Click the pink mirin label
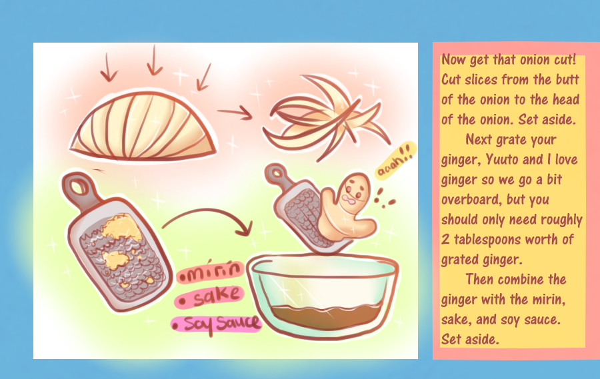tap(211, 272)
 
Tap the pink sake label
tap(209, 297)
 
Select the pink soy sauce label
tap(216, 324)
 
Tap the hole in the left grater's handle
tap(79, 187)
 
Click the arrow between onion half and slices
tap(235, 113)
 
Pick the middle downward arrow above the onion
tap(154, 61)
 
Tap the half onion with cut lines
tap(143, 126)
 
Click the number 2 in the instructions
tap(445, 239)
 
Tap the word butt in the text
tap(567, 79)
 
